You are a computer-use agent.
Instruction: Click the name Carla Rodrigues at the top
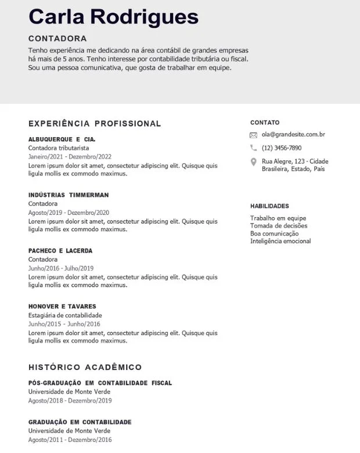tap(113, 17)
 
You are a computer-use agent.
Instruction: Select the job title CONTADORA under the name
tap(57, 38)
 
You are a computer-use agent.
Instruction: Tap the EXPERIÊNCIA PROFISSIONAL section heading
tap(95, 124)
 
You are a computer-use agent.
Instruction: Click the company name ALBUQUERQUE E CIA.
tap(62, 139)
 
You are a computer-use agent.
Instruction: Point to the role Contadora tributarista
tap(59, 148)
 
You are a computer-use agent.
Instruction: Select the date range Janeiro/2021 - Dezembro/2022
tap(70, 157)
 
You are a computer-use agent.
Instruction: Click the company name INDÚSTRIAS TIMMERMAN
tap(69, 195)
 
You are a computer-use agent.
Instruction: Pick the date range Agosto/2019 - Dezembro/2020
tap(69, 213)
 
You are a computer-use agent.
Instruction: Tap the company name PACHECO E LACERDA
tap(60, 251)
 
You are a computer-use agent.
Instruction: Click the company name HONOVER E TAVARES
tap(62, 307)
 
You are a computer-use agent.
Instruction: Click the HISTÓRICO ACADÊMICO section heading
tap(85, 368)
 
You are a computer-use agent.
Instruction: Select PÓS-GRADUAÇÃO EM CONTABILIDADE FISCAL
tap(100, 383)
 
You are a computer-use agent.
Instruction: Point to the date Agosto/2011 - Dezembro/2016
tap(70, 440)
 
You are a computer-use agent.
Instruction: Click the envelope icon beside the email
tap(253, 135)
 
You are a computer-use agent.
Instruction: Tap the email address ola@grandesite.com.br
tap(293, 135)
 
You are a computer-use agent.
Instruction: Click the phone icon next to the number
tap(253, 148)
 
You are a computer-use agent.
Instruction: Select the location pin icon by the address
tap(253, 162)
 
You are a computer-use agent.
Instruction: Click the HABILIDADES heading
tap(269, 206)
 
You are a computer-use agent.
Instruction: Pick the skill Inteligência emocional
tap(280, 241)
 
